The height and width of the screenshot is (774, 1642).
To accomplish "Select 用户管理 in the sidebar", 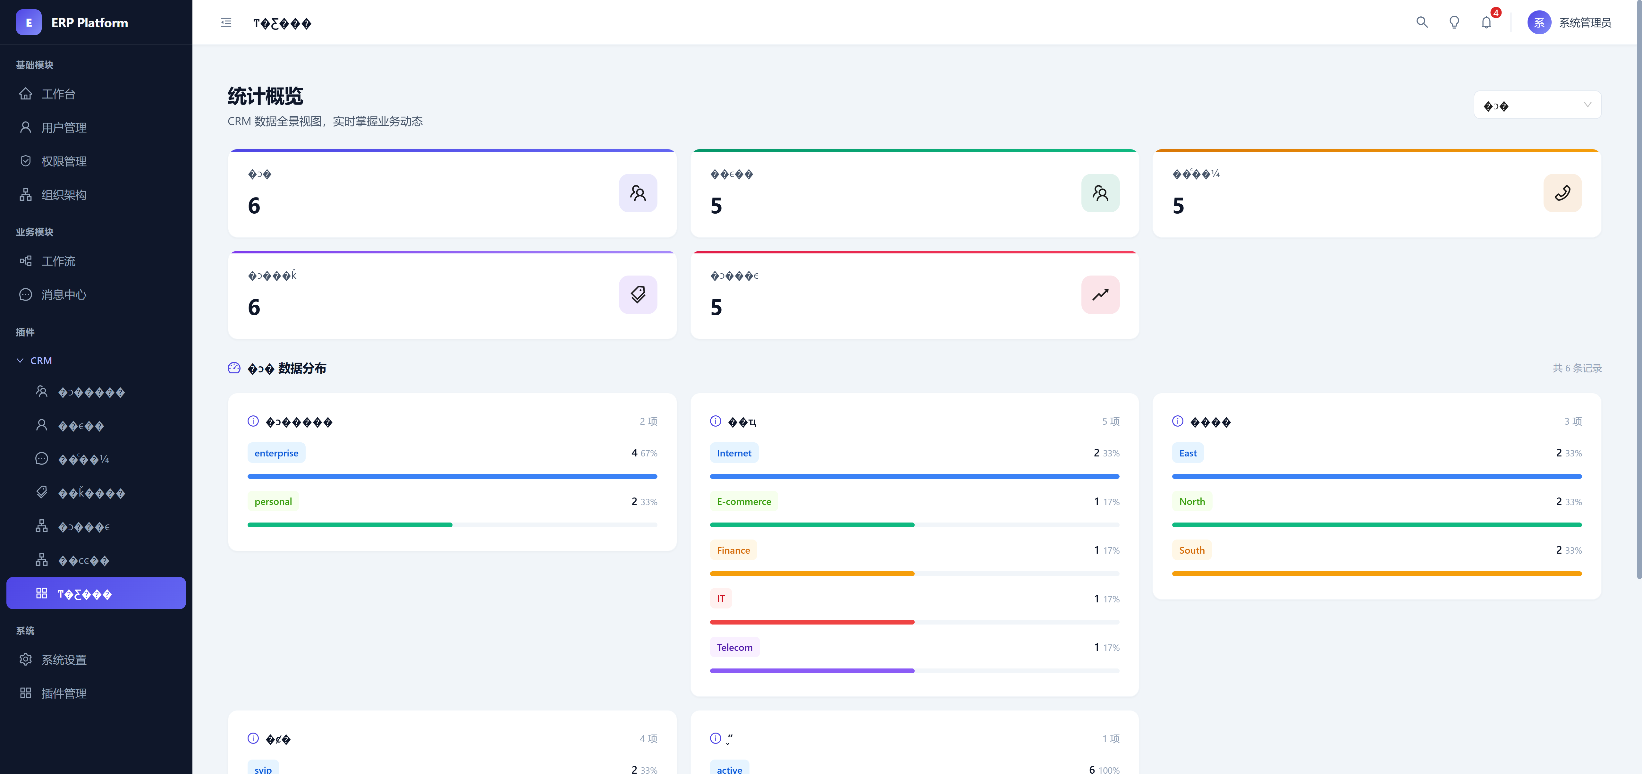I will (64, 128).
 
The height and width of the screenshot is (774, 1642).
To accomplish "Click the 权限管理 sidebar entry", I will (64, 161).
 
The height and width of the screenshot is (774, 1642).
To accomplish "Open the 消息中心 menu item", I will (64, 294).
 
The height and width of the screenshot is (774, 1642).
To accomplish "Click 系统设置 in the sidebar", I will (64, 660).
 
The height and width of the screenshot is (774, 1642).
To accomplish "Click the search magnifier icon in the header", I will (1421, 22).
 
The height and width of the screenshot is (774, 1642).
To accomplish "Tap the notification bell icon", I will (1486, 23).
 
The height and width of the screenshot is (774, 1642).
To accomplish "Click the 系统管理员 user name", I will (1585, 23).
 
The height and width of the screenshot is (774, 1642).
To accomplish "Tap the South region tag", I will (1191, 550).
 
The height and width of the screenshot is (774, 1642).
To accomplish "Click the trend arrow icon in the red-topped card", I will (1100, 294).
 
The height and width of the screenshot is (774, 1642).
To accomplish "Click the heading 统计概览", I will (265, 96).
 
